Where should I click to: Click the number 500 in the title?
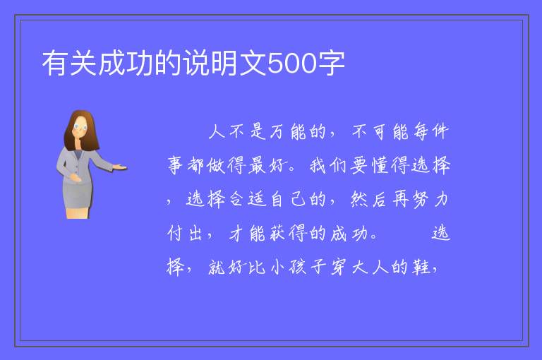291,63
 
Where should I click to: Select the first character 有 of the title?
56,63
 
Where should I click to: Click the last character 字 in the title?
331,63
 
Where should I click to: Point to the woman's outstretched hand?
120,167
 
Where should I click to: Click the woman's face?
80,127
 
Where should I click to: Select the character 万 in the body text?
276,132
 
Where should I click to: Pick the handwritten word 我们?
327,165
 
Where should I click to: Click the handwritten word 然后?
368,200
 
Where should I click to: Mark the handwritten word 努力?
430,200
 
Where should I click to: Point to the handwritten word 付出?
185,234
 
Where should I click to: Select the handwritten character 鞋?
421,267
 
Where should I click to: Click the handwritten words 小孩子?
298,267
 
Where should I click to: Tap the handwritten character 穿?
339,267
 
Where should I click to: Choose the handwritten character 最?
257,165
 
